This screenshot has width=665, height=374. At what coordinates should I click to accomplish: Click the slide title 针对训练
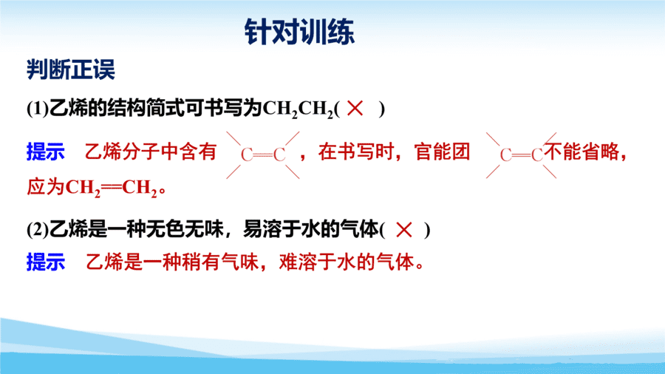tap(299, 32)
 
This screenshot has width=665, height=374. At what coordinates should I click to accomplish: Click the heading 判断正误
tap(71, 69)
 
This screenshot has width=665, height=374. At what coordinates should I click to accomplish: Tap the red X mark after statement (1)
tap(355, 108)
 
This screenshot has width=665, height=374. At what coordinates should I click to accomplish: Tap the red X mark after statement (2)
tap(403, 230)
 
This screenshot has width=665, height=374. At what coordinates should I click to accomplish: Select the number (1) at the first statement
tap(38, 109)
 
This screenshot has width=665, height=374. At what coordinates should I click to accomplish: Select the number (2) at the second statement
tap(38, 230)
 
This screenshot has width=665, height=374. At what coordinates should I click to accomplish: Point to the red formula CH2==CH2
tap(112, 188)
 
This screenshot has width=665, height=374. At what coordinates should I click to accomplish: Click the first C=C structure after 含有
tap(263, 154)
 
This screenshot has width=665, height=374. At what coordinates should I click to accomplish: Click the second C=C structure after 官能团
tap(521, 154)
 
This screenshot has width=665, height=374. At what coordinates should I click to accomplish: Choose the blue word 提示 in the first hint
tap(45, 152)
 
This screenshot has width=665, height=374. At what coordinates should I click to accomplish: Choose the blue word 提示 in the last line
tap(45, 262)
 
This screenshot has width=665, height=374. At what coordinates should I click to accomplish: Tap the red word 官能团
tap(443, 152)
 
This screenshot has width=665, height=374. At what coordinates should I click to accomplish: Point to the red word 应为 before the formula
tap(45, 187)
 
